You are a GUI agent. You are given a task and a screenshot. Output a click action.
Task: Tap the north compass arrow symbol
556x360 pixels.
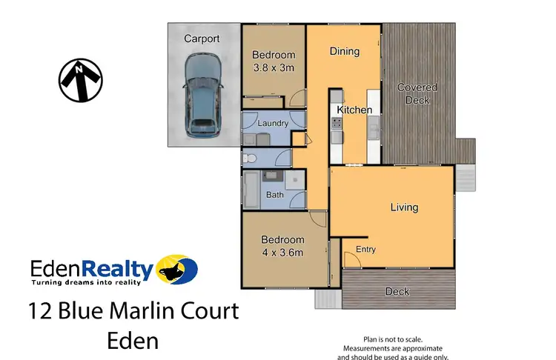[x=81, y=79]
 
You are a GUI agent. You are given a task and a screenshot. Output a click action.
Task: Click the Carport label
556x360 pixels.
[x=202, y=39]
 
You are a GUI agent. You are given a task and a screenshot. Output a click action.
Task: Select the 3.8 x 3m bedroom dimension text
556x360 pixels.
[x=274, y=67]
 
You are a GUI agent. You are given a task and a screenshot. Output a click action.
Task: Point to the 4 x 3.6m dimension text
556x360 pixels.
[x=282, y=253]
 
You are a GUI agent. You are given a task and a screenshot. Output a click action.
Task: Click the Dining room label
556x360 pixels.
[x=344, y=51]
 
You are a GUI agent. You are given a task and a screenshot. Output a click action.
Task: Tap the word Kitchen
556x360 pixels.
[x=354, y=110]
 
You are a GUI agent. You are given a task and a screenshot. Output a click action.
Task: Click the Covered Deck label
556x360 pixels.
[x=417, y=93]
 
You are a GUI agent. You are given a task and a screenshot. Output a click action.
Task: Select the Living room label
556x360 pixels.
[x=405, y=207]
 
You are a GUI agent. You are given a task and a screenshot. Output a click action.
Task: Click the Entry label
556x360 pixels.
[x=366, y=250]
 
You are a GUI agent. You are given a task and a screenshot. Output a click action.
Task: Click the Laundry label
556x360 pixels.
[x=273, y=124]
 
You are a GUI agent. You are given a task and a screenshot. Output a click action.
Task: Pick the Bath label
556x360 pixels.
[x=275, y=196]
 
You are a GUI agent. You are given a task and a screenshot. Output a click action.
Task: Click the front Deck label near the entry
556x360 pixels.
[x=397, y=291]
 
